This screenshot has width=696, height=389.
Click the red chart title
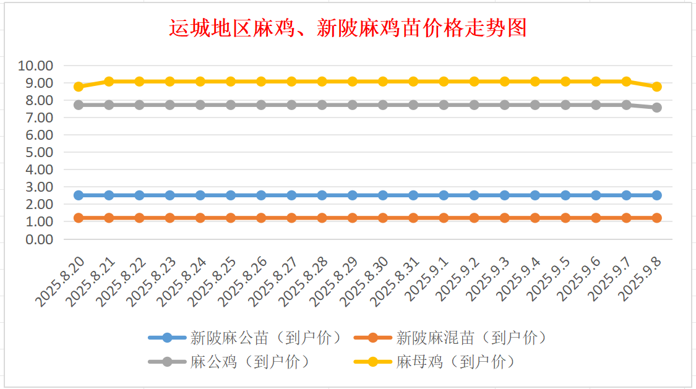(x=348, y=28)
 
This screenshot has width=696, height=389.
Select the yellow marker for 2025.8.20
(x=79, y=87)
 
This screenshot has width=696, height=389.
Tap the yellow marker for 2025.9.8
(x=656, y=87)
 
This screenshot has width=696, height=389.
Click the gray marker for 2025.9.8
(x=656, y=108)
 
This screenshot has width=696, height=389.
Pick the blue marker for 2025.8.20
(x=79, y=195)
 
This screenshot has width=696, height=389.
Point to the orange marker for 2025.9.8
(x=656, y=218)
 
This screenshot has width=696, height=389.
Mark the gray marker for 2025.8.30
(x=383, y=105)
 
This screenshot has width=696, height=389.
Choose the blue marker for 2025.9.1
(x=444, y=195)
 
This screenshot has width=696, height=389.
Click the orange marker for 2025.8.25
(x=231, y=218)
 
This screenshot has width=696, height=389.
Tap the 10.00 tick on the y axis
(x=37, y=66)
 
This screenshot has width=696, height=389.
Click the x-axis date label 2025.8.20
(x=61, y=282)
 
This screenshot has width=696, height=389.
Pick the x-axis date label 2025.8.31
(x=395, y=282)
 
